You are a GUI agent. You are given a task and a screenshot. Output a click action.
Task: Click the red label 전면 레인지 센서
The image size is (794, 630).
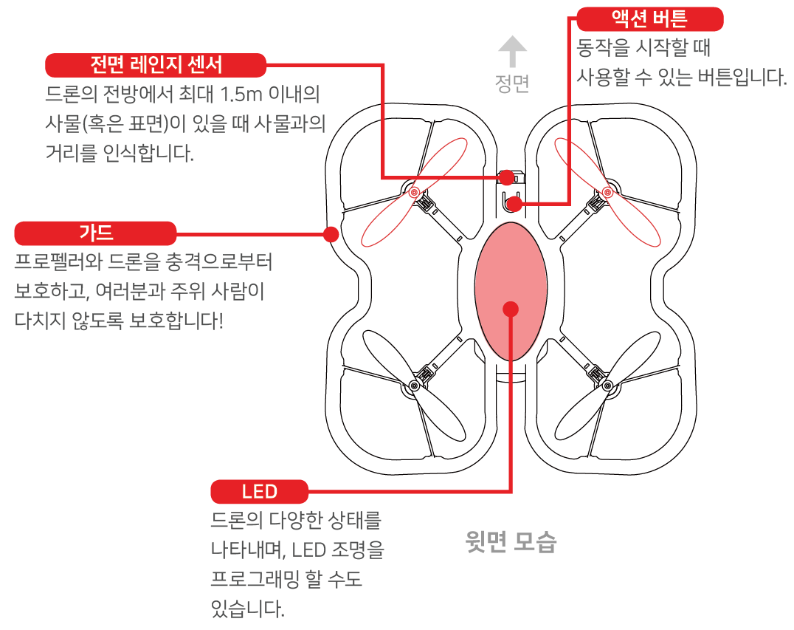click(156, 65)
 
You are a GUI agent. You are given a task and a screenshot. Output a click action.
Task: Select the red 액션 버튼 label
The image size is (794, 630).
click(649, 18)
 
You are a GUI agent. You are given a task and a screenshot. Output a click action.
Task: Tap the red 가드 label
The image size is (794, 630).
click(96, 233)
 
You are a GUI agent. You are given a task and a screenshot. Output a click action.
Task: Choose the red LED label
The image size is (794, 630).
click(259, 491)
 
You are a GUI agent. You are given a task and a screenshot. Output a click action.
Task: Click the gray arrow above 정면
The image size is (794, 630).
click(511, 53)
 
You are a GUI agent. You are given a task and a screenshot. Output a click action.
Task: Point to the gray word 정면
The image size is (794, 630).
click(511, 83)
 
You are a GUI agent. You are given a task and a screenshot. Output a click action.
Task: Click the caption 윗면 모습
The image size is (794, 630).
click(511, 543)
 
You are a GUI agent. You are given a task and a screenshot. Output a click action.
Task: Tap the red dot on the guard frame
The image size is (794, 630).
click(331, 234)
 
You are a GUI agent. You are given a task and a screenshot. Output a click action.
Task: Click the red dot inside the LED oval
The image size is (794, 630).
click(510, 309)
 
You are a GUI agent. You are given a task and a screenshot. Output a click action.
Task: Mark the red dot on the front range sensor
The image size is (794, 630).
click(506, 177)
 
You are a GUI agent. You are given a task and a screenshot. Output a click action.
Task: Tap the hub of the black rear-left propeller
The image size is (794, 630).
click(414, 386)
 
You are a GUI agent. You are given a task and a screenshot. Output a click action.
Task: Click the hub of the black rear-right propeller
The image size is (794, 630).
click(607, 386)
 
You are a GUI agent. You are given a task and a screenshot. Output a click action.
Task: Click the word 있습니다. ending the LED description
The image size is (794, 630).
click(247, 609)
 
